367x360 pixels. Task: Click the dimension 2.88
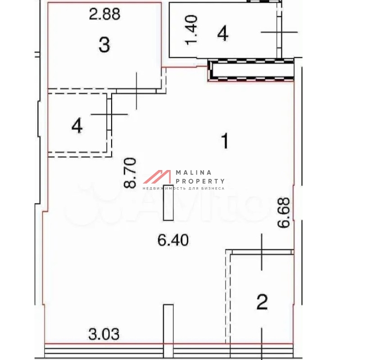(104, 14)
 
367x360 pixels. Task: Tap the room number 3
(104, 45)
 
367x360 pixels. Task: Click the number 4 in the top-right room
(222, 33)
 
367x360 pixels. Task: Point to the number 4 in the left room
(77, 126)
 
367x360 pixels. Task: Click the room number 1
(225, 141)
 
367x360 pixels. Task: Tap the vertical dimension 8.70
(130, 173)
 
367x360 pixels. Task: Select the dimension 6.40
(173, 240)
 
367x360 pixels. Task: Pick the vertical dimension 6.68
(284, 213)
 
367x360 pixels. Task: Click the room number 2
(262, 302)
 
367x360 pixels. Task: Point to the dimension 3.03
(104, 334)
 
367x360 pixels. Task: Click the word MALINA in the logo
(194, 173)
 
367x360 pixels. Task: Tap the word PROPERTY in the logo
(200, 181)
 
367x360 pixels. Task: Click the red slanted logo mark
(157, 176)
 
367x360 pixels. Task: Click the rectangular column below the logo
(168, 203)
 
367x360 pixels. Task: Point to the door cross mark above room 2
(262, 252)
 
